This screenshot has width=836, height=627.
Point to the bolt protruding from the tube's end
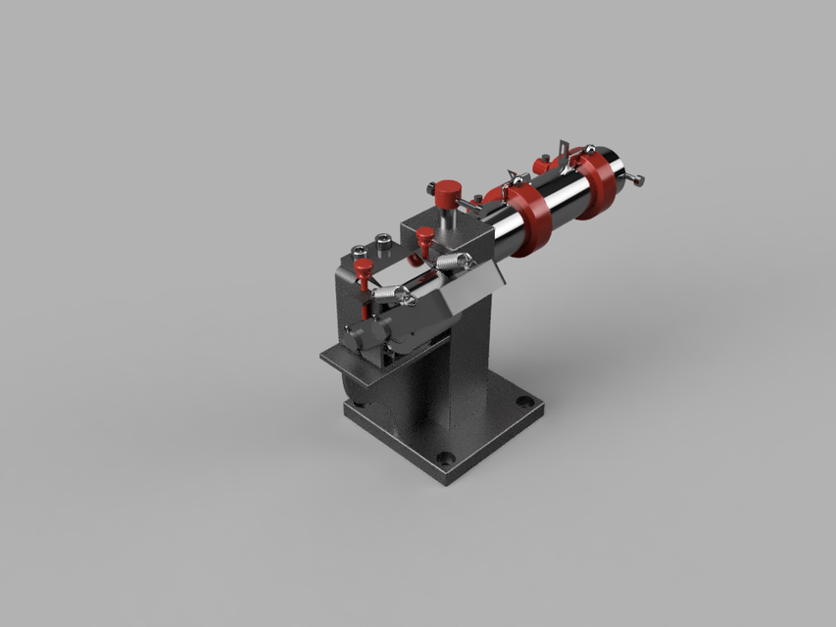tap(637, 179)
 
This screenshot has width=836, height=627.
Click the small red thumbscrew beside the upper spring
tap(424, 238)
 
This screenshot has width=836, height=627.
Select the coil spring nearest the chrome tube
tap(452, 262)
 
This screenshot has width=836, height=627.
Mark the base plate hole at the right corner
tap(525, 402)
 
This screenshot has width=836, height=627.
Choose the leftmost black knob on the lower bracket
tap(356, 336)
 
